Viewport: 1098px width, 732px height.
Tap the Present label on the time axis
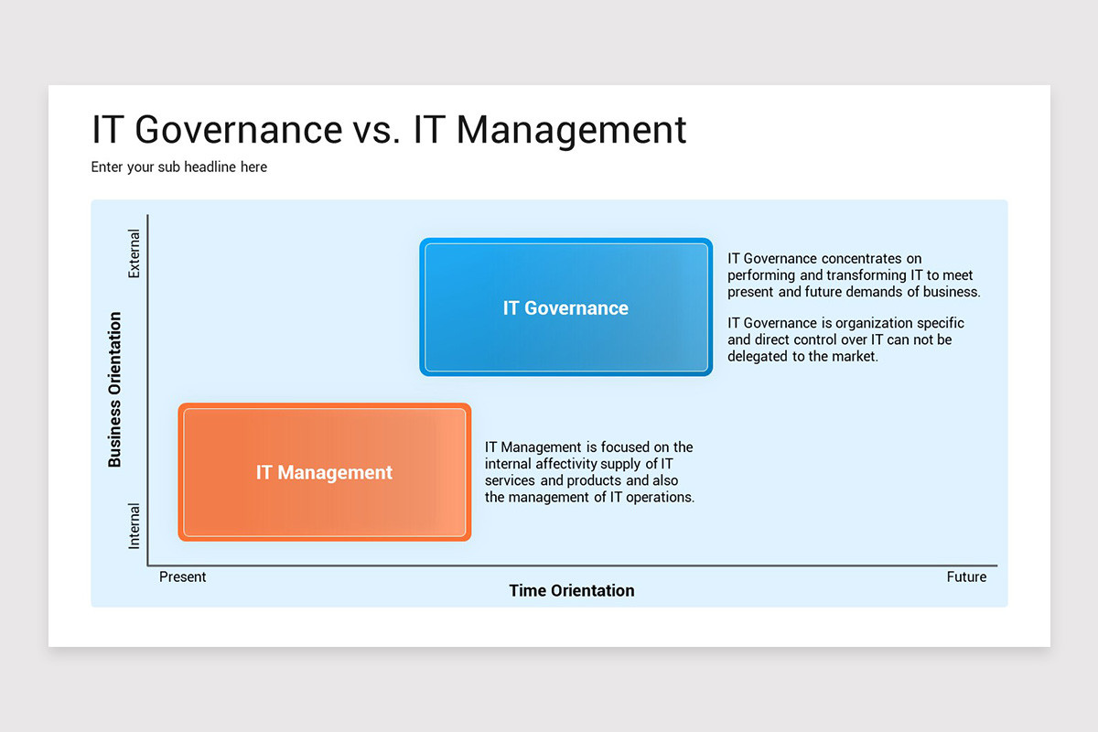point(183,577)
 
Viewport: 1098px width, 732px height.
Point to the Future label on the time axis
point(966,577)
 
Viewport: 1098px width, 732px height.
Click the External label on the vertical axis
point(135,253)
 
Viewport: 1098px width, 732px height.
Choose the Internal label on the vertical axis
point(135,525)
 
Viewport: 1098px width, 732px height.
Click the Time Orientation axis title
point(572,591)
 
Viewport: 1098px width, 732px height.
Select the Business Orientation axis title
point(115,390)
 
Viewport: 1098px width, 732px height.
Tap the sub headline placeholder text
point(179,167)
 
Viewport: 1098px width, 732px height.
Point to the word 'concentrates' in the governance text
point(859,259)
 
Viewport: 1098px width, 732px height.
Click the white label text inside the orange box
point(324,473)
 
